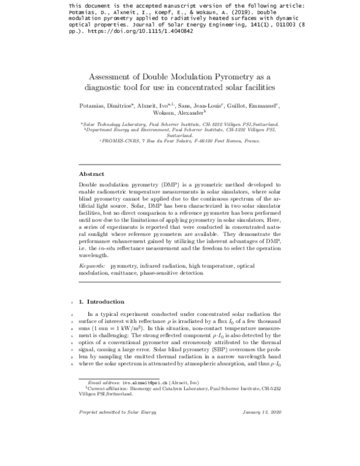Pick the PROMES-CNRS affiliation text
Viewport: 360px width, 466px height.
click(179, 141)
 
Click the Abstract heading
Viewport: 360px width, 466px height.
click(92, 174)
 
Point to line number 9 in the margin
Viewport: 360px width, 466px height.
click(72, 364)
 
